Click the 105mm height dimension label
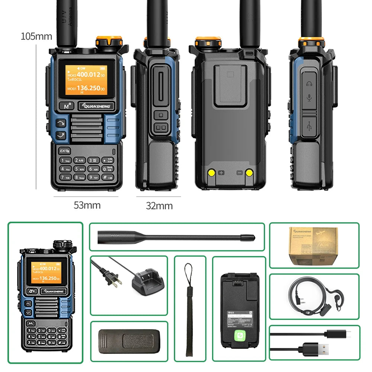(36, 36)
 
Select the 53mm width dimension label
(87, 205)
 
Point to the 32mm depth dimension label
(159, 206)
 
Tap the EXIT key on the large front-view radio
(64, 151)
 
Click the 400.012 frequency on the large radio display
(88, 75)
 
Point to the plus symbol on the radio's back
(222, 173)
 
